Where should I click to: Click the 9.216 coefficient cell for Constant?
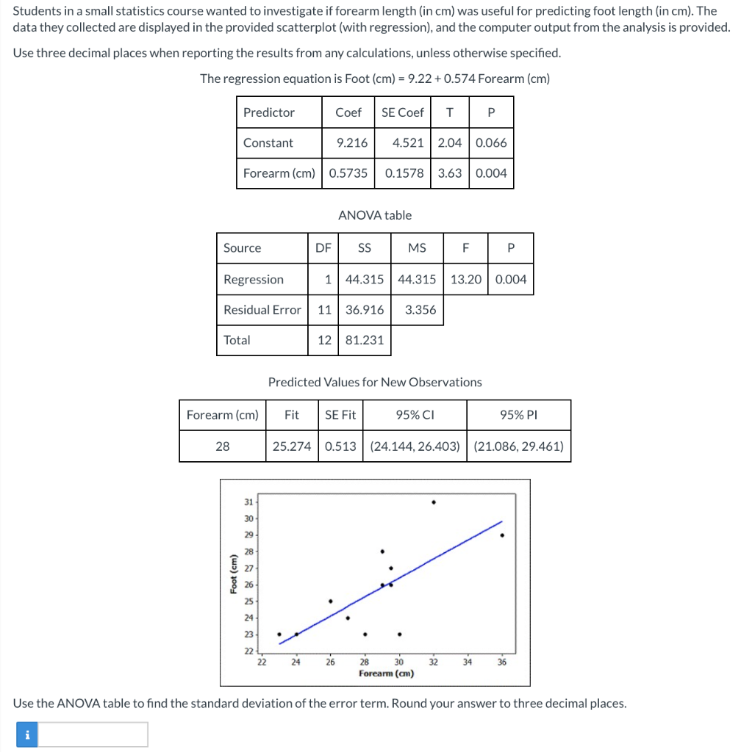click(x=351, y=142)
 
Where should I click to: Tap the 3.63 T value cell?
click(x=449, y=173)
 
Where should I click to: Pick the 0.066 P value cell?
click(x=491, y=142)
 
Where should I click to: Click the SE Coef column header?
click(x=402, y=112)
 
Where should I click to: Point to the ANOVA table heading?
click(x=375, y=215)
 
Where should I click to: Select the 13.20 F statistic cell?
click(x=465, y=279)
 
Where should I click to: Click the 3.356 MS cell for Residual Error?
click(x=420, y=310)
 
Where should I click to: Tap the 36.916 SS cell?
click(x=365, y=310)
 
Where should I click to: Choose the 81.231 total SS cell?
click(x=365, y=340)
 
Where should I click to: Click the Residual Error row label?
click(x=262, y=310)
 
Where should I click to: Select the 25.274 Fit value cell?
click(x=292, y=446)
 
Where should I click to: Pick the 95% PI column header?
click(x=519, y=415)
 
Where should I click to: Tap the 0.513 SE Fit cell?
click(x=340, y=446)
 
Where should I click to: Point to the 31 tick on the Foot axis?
click(x=248, y=502)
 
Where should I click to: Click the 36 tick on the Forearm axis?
click(x=502, y=662)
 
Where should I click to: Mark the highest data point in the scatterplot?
click(x=434, y=502)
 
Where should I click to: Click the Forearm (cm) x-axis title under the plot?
click(x=387, y=673)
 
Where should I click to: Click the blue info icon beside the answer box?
click(x=27, y=734)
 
